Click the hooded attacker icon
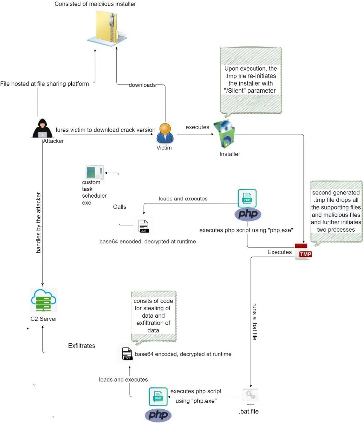(x=43, y=128)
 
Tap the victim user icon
(x=165, y=133)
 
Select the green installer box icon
(x=224, y=134)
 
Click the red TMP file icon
(x=303, y=252)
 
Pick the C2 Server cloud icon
(x=44, y=300)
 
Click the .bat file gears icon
(x=250, y=395)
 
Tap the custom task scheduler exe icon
(x=95, y=172)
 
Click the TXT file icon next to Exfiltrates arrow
(x=127, y=354)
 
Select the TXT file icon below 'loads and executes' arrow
(x=144, y=226)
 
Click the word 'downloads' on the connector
(x=142, y=85)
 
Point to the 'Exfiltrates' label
(x=82, y=346)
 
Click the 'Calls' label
(x=119, y=207)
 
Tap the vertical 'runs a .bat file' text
(x=255, y=322)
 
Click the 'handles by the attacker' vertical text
(x=38, y=223)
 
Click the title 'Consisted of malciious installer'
(x=95, y=4)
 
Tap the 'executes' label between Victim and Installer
(x=197, y=127)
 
